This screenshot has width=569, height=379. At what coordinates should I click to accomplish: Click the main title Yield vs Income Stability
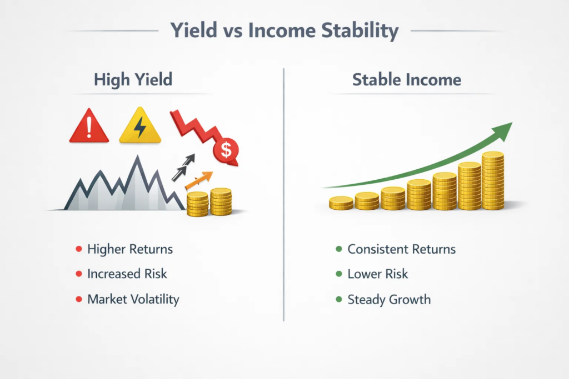(284, 31)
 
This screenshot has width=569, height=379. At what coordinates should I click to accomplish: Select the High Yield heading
(133, 79)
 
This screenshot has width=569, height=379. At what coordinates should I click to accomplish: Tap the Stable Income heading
(407, 79)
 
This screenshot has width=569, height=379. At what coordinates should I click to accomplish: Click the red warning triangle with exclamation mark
(88, 127)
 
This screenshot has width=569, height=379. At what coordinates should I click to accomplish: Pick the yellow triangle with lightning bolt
(140, 127)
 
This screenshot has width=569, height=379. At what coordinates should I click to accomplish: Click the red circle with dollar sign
(226, 148)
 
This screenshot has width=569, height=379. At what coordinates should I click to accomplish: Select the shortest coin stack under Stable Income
(341, 203)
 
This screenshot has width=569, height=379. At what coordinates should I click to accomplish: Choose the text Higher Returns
(130, 249)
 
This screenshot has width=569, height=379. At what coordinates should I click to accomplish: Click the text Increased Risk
(127, 274)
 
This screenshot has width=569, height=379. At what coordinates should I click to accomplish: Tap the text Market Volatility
(133, 299)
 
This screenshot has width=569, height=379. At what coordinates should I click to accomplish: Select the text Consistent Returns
(401, 249)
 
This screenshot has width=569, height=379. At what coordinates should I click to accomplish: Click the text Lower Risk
(377, 274)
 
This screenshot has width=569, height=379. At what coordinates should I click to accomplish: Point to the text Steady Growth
(389, 299)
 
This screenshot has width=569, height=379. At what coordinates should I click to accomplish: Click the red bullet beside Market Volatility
(78, 300)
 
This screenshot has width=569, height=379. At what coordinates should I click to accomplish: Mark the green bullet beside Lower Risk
(338, 274)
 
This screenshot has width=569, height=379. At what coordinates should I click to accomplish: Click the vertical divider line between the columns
(284, 194)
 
